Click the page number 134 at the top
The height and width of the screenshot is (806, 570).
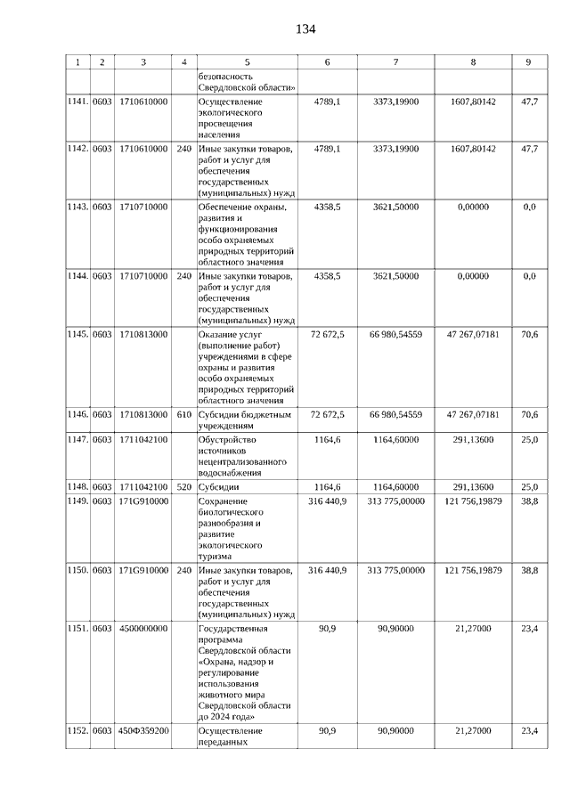(305, 29)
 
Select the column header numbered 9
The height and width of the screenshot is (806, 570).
(529, 62)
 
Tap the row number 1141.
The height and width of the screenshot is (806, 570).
(78, 102)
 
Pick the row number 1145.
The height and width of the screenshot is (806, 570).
(78, 334)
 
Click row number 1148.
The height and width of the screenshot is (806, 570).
(78, 487)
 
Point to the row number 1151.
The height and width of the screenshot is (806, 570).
(78, 628)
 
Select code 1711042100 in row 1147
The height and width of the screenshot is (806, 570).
(143, 438)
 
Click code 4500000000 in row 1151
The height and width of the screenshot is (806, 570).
(143, 628)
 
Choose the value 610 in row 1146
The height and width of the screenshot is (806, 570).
(183, 414)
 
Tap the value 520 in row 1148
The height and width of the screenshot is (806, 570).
(183, 487)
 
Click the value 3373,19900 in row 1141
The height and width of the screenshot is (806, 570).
(395, 102)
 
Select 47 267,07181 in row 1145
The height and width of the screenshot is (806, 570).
(474, 334)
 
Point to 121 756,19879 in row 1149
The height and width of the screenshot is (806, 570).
(474, 502)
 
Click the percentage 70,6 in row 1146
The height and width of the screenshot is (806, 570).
(529, 414)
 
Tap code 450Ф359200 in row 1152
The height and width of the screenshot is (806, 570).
(143, 730)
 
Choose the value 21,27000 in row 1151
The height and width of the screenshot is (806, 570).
(474, 628)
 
